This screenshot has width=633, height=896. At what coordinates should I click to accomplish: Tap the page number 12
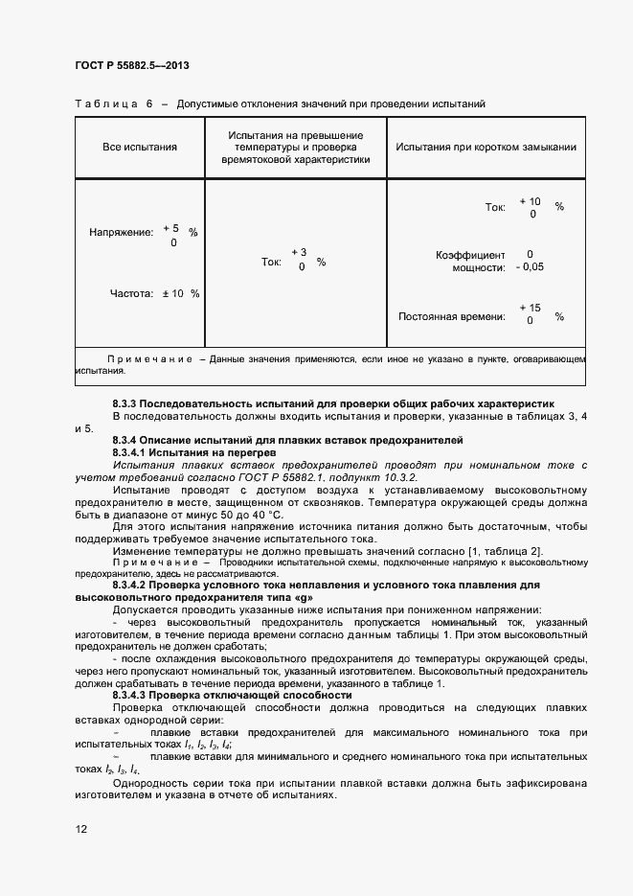tap(81, 828)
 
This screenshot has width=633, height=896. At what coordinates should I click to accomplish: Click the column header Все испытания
tap(140, 148)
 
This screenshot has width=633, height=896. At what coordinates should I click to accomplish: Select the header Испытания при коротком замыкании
tap(486, 148)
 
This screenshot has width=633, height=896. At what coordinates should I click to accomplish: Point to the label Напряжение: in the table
tap(121, 232)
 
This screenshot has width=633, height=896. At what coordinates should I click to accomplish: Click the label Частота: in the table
tap(131, 293)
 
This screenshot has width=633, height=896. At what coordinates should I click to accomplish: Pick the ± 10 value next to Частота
tap(172, 293)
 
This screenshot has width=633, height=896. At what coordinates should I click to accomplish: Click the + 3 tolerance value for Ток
tap(299, 252)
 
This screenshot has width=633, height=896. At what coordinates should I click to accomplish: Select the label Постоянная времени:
tap(451, 316)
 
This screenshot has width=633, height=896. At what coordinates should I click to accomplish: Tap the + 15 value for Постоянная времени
tap(530, 308)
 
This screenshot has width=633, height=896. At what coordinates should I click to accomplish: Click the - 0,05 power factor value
tap(529, 267)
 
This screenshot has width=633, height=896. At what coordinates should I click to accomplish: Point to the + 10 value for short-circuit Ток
tap(530, 201)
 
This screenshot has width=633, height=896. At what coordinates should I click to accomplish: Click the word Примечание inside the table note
tap(150, 358)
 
